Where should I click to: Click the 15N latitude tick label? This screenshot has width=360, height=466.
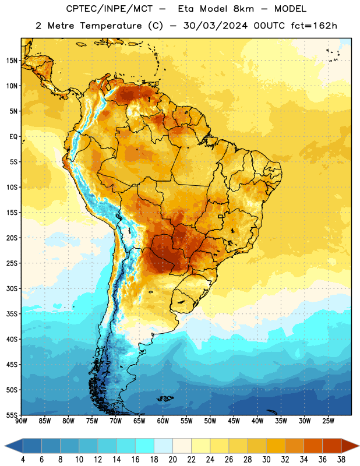[x=12, y=61]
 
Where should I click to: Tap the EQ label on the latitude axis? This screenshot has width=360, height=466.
[x=13, y=137]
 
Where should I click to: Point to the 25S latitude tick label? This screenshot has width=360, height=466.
[x=12, y=263]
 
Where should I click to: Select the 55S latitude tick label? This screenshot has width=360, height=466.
[x=12, y=415]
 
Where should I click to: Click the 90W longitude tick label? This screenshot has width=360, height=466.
[x=22, y=421]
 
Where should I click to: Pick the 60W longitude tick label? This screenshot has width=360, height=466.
[x=163, y=421]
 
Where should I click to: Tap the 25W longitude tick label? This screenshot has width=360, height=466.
[x=328, y=421]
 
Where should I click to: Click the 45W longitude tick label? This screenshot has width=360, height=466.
[x=234, y=421]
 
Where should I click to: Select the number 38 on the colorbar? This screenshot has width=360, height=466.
[x=341, y=460]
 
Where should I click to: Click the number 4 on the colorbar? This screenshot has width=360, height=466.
[x=23, y=460]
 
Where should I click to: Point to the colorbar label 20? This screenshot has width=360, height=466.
[x=172, y=460]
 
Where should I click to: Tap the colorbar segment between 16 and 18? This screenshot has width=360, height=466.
[x=145, y=446]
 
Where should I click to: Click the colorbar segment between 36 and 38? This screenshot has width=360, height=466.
[x=332, y=446]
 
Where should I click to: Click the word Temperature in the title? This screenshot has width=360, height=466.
[x=111, y=26]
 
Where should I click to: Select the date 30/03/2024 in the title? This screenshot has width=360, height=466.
[x=216, y=26]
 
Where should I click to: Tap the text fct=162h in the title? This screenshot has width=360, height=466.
[x=314, y=26]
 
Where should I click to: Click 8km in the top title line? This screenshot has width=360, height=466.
[x=243, y=9]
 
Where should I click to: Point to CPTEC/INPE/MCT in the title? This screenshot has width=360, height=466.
[x=110, y=9]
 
